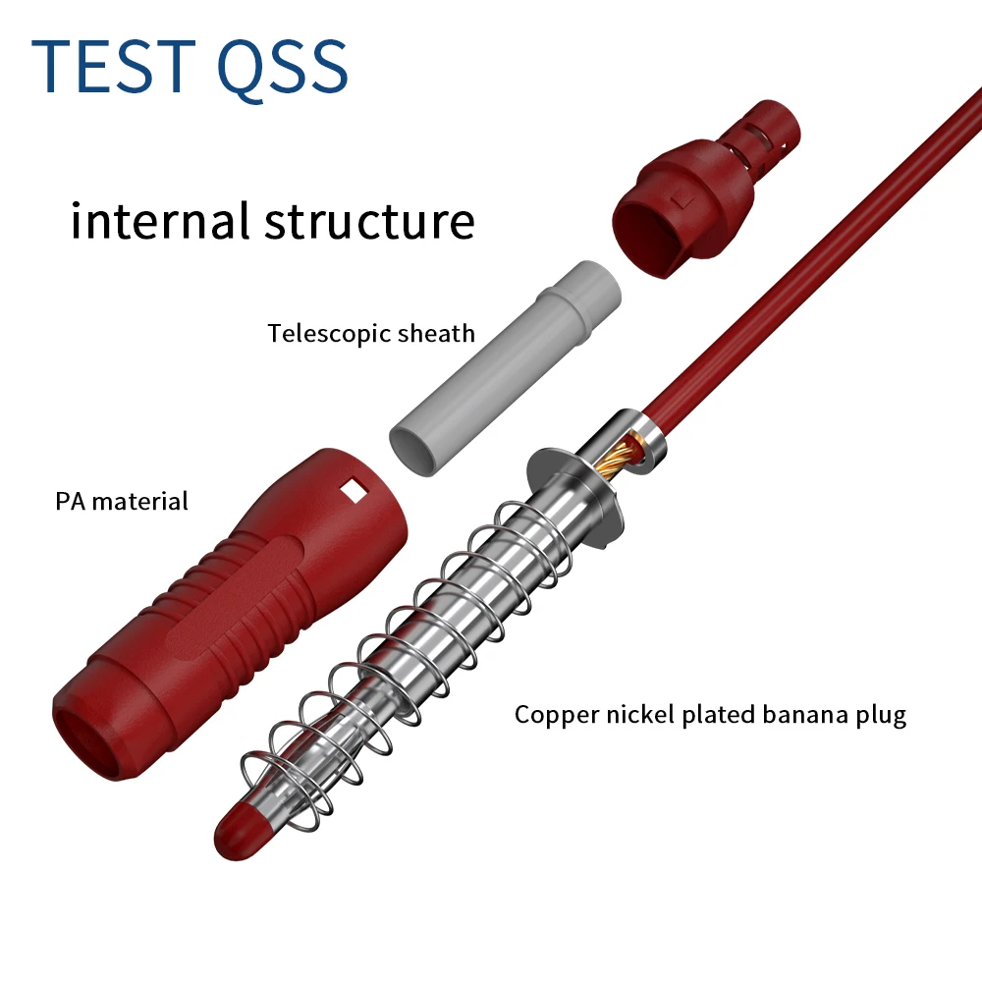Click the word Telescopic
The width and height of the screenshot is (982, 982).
coord(330,334)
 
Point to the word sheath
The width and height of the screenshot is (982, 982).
coord(436,334)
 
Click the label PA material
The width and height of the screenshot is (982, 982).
coord(121,501)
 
